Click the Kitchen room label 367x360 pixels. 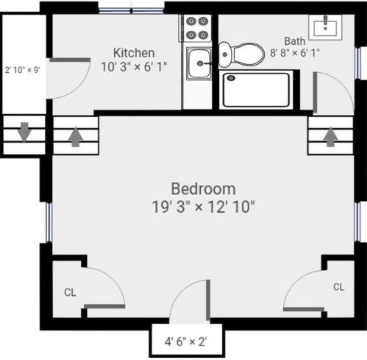tap(134, 53)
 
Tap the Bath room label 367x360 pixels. tap(295, 41)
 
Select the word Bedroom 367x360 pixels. tap(203, 189)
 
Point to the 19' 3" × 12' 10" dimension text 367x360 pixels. tap(204, 207)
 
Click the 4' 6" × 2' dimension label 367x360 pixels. tap(186, 342)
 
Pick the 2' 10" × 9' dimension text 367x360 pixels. tap(23, 70)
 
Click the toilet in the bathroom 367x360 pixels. tap(241, 54)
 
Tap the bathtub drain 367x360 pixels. tap(231, 78)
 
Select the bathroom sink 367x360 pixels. tap(325, 27)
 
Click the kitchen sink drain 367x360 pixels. tap(200, 63)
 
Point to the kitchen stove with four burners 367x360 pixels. tap(196, 28)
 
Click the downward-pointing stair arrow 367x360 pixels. tap(24, 132)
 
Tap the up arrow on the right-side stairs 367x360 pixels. tap(331, 137)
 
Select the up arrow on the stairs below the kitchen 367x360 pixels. tap(76, 137)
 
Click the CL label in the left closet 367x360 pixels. tap(70, 292)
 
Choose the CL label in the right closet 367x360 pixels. tap(339, 286)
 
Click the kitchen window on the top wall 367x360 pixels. tap(131, 10)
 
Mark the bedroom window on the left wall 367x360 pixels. tap(49, 222)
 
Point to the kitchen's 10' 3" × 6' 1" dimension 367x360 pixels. tap(134, 67)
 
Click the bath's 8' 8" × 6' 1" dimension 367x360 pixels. tap(295, 53)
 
